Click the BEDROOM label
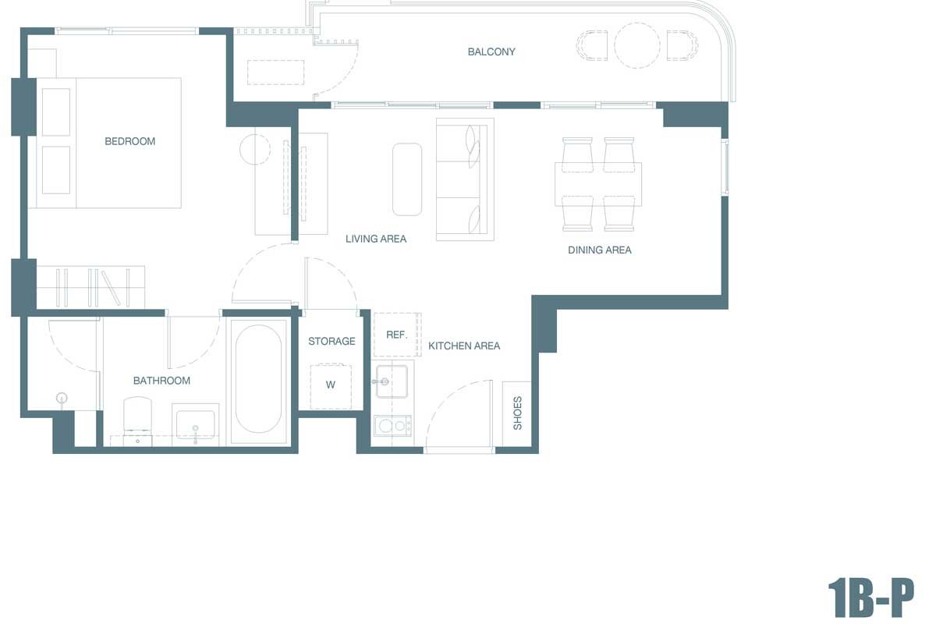click(x=130, y=141)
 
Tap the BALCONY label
click(x=491, y=51)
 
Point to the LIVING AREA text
click(x=376, y=239)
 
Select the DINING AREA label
click(x=600, y=250)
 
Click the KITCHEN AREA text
click(x=464, y=346)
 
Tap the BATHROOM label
click(x=161, y=381)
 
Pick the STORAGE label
click(x=331, y=341)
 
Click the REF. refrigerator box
click(x=397, y=335)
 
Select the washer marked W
click(x=331, y=386)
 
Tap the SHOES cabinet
click(x=517, y=413)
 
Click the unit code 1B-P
click(x=870, y=597)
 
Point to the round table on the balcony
click(x=636, y=45)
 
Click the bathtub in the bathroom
click(x=258, y=379)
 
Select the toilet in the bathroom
click(x=137, y=420)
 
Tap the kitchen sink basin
click(x=392, y=381)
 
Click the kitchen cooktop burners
click(x=392, y=426)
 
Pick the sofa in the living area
click(x=465, y=179)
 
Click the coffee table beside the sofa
click(x=407, y=179)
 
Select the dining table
click(x=598, y=184)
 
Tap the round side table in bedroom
click(x=255, y=149)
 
